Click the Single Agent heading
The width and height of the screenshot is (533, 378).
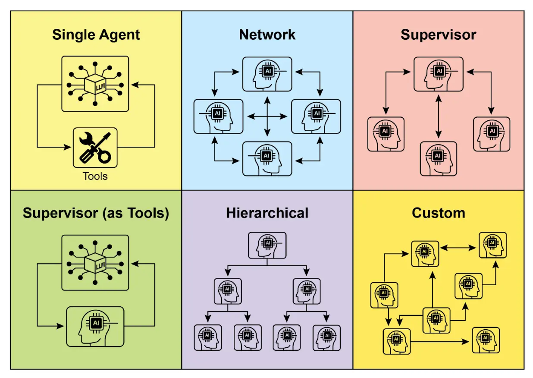point(96,35)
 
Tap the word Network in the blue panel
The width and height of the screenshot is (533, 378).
point(267,35)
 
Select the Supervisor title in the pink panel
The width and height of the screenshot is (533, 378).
point(438,35)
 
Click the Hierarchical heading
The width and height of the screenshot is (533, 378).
point(267,213)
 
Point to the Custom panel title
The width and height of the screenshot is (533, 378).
point(438,213)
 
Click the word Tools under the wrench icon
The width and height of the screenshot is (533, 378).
point(95,176)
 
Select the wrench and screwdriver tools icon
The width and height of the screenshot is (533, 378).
point(95,148)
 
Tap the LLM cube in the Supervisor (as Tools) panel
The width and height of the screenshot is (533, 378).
point(95,262)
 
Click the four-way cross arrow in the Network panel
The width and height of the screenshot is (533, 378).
point(267,116)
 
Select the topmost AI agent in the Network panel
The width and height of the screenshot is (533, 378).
point(267,74)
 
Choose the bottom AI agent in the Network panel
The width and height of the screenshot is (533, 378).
point(267,158)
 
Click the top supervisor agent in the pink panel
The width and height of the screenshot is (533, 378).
point(439,74)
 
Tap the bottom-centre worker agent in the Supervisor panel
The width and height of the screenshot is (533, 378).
point(439,158)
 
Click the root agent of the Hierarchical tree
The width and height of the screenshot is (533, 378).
point(267,246)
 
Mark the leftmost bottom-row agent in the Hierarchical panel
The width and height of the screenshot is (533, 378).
point(207,337)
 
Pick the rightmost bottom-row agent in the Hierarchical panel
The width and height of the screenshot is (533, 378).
point(326,337)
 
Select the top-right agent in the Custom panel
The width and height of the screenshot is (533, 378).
point(492,245)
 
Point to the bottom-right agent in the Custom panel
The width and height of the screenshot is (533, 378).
point(486,340)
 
